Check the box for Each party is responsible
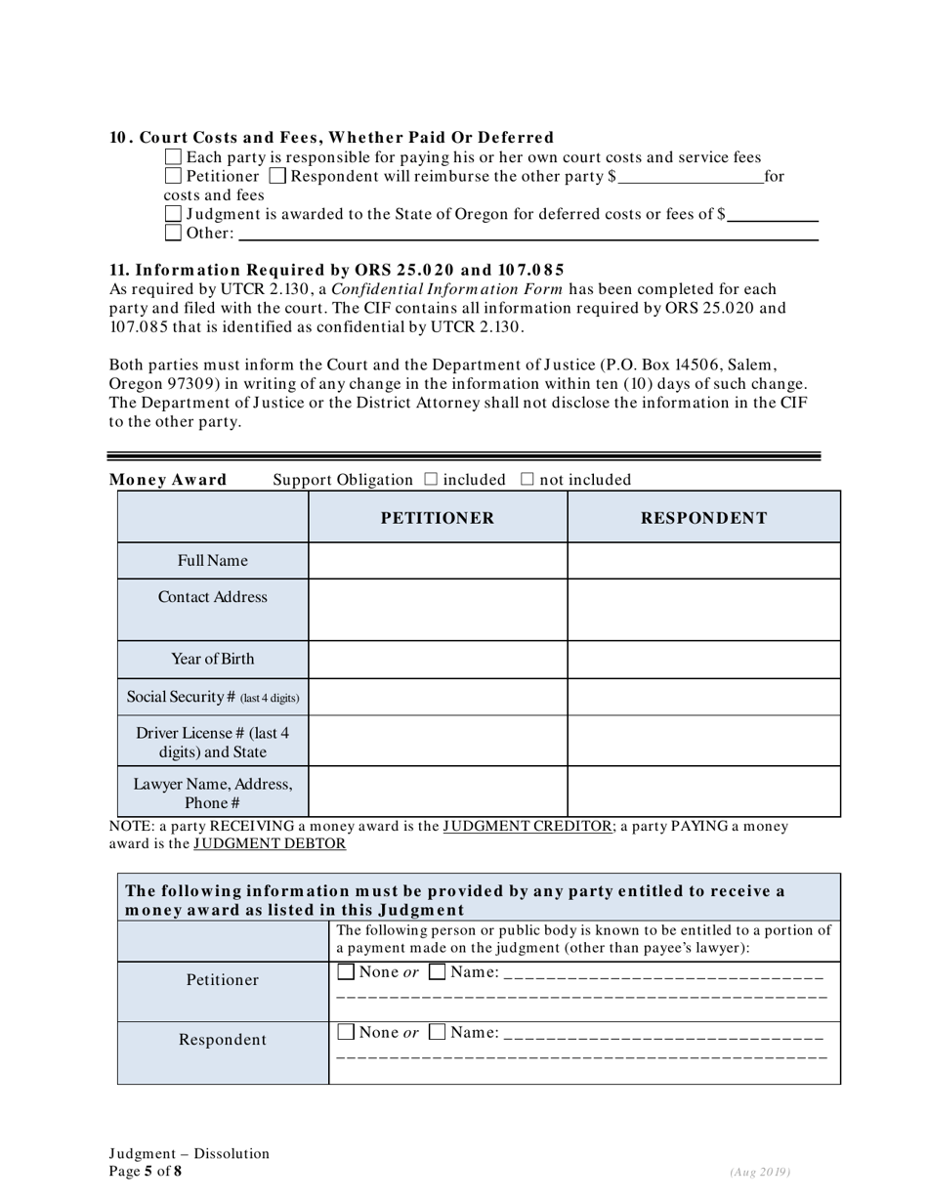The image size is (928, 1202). (174, 157)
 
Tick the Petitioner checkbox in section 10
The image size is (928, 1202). (174, 177)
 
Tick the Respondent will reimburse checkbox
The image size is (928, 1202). (277, 177)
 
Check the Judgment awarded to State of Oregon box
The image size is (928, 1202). (174, 214)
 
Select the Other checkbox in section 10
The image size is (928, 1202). (174, 233)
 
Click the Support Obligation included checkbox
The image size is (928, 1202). (432, 480)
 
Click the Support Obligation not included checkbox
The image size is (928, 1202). (527, 480)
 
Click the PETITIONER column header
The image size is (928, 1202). (437, 518)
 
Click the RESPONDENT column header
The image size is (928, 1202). (703, 518)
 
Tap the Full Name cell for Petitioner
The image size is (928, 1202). (437, 561)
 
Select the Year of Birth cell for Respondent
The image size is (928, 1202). (703, 660)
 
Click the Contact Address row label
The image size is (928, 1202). (213, 597)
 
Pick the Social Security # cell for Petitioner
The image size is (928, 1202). (437, 697)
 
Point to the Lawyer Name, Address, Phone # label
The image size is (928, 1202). (213, 793)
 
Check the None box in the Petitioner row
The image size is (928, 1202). (346, 972)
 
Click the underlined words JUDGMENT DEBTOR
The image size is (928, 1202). (269, 843)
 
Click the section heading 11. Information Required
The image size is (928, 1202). (336, 270)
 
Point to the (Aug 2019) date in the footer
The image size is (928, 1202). (759, 1172)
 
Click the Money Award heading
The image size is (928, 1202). (168, 480)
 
